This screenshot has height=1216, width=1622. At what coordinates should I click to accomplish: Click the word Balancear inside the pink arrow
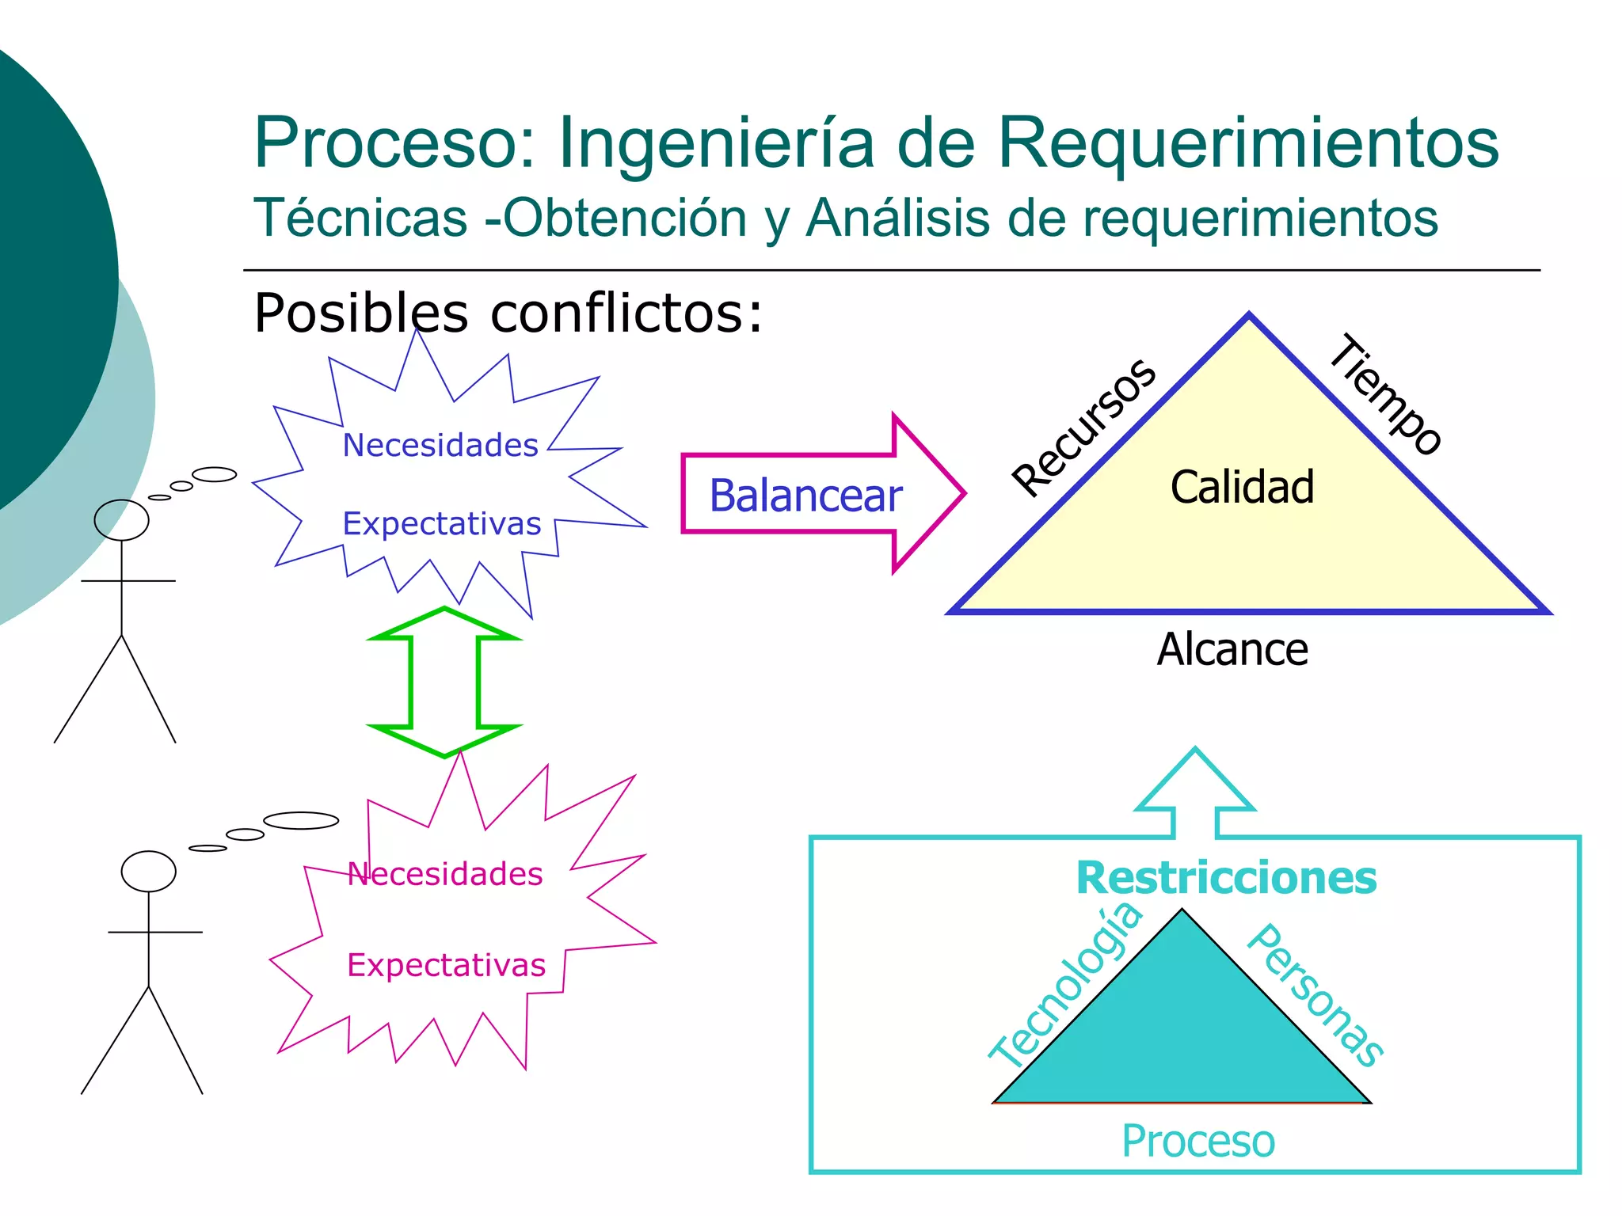(805, 496)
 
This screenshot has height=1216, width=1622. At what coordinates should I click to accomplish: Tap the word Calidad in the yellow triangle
(1242, 487)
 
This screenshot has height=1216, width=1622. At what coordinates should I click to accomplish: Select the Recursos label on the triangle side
(1084, 427)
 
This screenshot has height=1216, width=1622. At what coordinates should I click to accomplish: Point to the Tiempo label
(1386, 394)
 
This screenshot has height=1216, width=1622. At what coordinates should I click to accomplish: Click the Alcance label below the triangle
(1232, 650)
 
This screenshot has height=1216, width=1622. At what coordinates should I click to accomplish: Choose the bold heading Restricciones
(1226, 878)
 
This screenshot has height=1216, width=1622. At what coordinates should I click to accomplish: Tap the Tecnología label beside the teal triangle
(1066, 986)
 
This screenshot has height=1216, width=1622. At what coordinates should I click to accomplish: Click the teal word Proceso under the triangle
(1198, 1142)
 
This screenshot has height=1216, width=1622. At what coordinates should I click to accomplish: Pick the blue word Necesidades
(440, 446)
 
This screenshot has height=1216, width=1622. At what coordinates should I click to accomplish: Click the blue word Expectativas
(442, 524)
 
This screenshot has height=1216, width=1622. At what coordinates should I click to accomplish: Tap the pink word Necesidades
(445, 874)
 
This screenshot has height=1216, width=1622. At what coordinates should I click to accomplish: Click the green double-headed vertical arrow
(444, 682)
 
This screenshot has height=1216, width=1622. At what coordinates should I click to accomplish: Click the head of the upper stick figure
(121, 520)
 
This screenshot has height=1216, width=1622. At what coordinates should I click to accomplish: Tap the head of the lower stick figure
(148, 871)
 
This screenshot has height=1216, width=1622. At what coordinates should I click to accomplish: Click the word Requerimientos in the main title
(1248, 142)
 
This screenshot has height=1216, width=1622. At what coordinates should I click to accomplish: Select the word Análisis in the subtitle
(897, 218)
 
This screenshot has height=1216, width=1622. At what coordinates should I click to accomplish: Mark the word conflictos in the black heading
(626, 313)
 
